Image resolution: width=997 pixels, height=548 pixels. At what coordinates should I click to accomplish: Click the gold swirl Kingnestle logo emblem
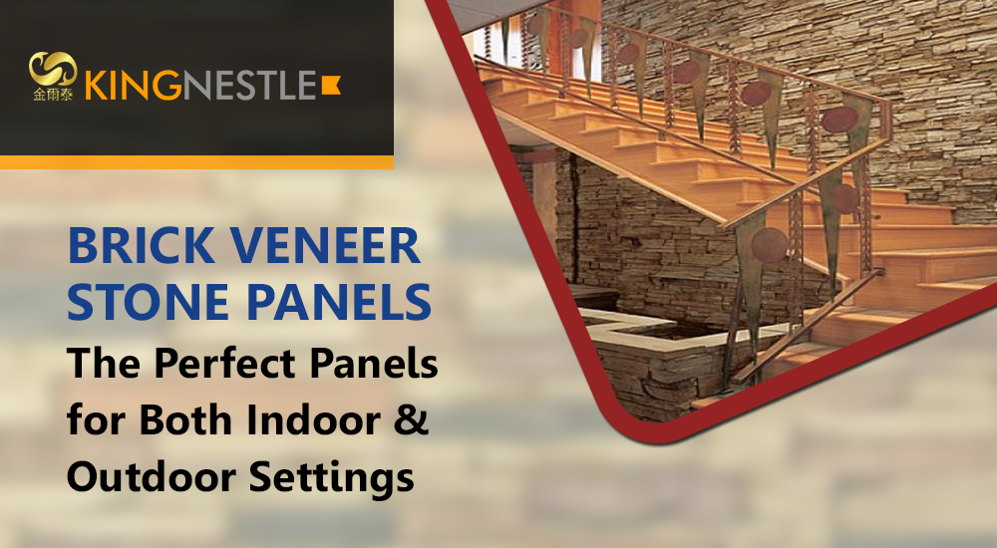coord(53,69)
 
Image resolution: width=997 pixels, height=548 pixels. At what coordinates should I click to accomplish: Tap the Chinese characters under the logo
coord(53,95)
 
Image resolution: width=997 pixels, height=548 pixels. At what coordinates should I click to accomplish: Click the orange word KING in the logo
coord(134,86)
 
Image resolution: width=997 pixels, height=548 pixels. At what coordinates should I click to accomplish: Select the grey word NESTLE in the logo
coord(249,86)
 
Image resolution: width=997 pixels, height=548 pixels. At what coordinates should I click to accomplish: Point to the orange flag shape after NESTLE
coord(331,85)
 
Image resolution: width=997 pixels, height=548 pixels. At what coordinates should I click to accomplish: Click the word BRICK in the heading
coord(142,246)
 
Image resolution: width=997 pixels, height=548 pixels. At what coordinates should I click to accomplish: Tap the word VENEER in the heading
coord(325,246)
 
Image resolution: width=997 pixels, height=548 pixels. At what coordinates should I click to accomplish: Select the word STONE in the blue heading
coord(148,301)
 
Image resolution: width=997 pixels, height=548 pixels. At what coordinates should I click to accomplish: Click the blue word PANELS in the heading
coord(339,301)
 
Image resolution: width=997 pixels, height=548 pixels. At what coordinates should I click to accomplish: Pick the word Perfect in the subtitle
coord(225,363)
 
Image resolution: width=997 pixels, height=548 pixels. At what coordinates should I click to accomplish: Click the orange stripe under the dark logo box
coord(196,162)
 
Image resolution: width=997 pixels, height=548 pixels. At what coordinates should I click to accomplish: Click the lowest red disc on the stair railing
coord(770,245)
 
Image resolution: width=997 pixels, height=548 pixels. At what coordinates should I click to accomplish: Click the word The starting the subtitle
coord(104,363)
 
